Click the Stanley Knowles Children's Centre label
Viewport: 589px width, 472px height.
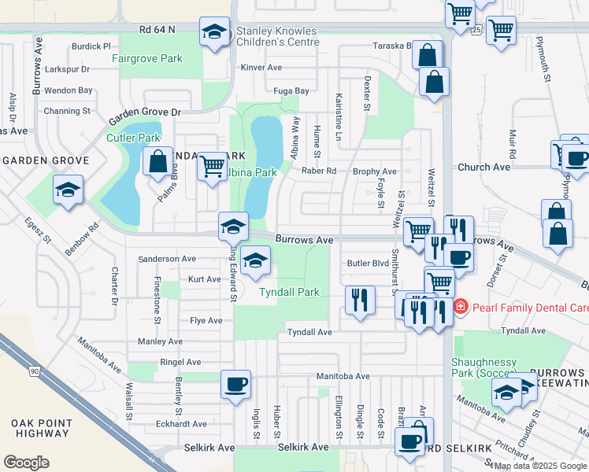coord(276,37)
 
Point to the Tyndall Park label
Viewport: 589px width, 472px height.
coord(289,292)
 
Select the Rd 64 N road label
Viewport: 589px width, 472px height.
coord(155,30)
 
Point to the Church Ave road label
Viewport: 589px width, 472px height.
coord(484,167)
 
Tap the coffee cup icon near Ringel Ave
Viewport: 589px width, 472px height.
coord(236,385)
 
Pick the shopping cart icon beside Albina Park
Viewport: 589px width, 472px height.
coord(211,166)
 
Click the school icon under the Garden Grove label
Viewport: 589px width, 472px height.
coord(69,190)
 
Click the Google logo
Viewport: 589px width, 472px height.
coord(26,462)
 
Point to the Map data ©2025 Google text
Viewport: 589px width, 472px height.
coord(539,466)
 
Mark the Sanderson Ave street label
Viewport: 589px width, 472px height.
coord(167,259)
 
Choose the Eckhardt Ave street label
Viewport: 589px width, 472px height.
coord(182,424)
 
